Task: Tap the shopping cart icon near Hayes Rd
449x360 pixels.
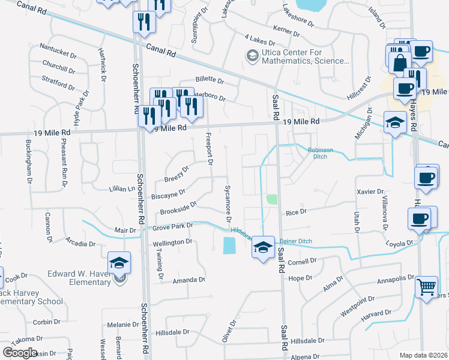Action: tap(426, 287)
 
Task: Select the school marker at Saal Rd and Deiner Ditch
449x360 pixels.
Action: tap(262, 246)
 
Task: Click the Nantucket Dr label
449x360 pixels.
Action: tap(58, 46)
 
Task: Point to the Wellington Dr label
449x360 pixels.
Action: tap(172, 242)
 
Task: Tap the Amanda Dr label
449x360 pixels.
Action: tap(189, 280)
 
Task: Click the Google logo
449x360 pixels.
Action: tap(20, 353)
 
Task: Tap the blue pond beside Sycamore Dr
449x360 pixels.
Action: tap(229, 245)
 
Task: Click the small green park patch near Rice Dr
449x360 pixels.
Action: tap(272, 199)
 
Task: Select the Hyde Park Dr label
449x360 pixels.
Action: tap(80, 107)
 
